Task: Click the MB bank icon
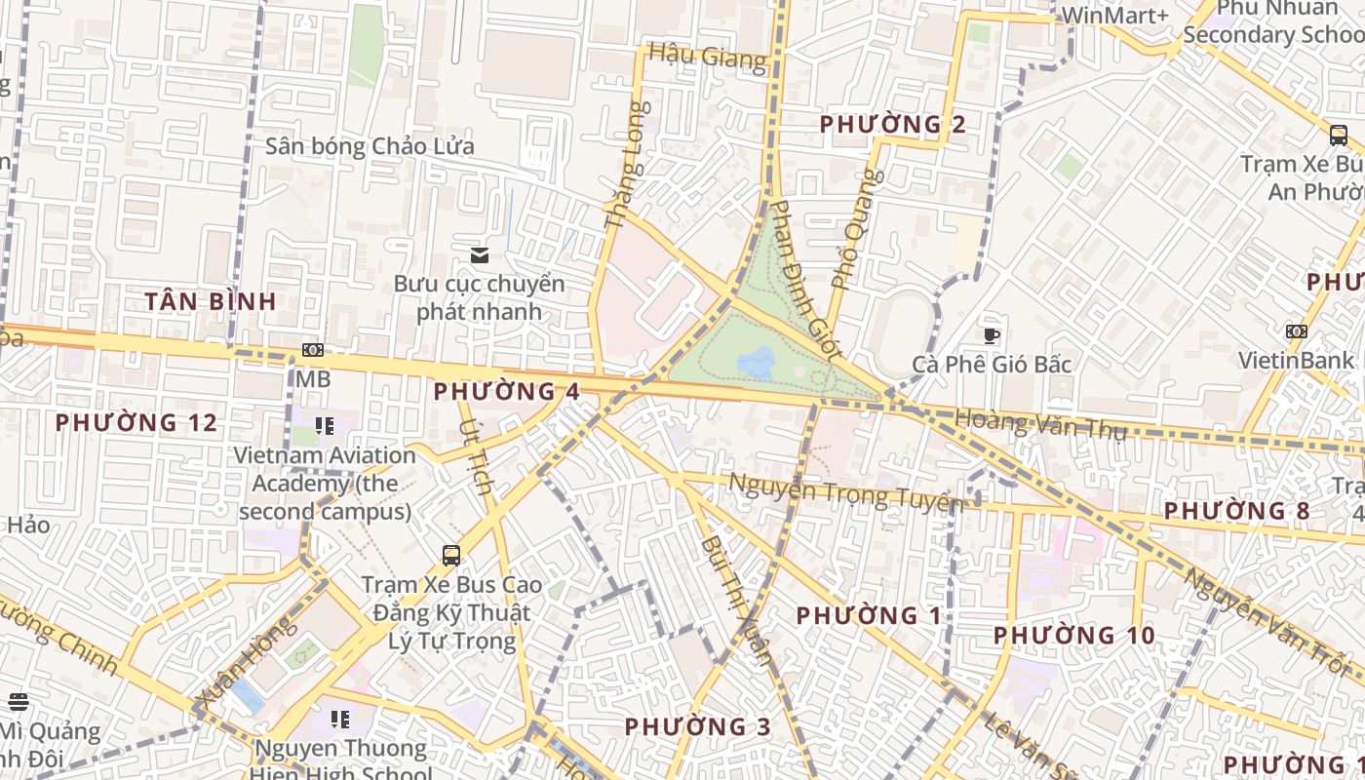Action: coord(313,349)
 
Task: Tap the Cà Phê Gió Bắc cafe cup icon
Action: coord(992,336)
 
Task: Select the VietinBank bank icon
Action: coord(1296,331)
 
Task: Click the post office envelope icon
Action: coord(479,255)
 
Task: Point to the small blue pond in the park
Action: coord(757,364)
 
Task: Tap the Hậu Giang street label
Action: coord(707,57)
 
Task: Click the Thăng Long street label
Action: coord(626,166)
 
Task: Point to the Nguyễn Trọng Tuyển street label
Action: coord(845,492)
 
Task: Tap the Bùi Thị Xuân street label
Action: coord(737,599)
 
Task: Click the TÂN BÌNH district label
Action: coord(211,301)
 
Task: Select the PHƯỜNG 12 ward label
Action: coord(136,423)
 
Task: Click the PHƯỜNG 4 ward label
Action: coord(506,392)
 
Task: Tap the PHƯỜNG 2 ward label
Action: coord(892,125)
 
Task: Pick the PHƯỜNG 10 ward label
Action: coord(1073,636)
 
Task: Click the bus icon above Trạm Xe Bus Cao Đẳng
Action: coord(451,556)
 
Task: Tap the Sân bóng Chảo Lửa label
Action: coord(370,147)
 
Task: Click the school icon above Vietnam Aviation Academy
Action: coord(325,426)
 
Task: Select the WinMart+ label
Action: coord(1114,15)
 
